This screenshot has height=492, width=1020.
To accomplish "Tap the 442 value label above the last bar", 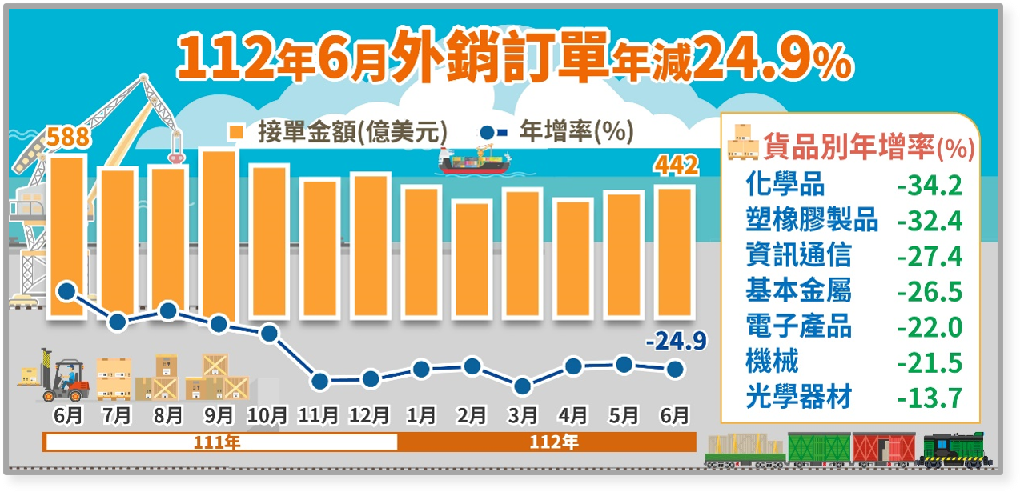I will pyautogui.click(x=677, y=166).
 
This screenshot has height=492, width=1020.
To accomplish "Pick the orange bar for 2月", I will pyautogui.click(x=472, y=260).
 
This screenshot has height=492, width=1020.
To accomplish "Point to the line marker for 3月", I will pyautogui.click(x=522, y=386).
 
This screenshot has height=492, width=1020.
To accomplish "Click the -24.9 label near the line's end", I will pyautogui.click(x=676, y=342).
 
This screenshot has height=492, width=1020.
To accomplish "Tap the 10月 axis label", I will pyautogui.click(x=268, y=416).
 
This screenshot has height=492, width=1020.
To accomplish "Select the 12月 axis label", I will pyautogui.click(x=370, y=416).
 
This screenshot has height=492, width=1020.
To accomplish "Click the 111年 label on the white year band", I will pyautogui.click(x=219, y=442).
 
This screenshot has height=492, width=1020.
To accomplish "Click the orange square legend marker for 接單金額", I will pyautogui.click(x=236, y=132).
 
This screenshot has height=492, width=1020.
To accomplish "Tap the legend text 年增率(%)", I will pyautogui.click(x=577, y=131).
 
